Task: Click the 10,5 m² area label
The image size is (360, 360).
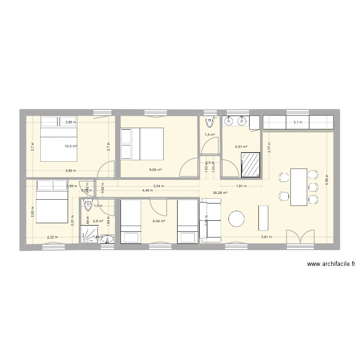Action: pyautogui.click(x=72, y=146)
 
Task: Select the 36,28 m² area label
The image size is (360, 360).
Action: pyautogui.click(x=220, y=193)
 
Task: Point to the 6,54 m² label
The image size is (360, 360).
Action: pyautogui.click(x=158, y=221)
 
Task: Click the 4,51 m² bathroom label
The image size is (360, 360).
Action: pyautogui.click(x=241, y=147)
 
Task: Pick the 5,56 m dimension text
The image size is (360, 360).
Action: pyautogui.click(x=327, y=179)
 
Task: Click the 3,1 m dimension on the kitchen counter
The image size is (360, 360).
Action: pyautogui.click(x=298, y=122)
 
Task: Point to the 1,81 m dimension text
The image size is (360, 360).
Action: pyautogui.click(x=240, y=186)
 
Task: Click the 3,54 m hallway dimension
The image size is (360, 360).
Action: pyautogui.click(x=158, y=186)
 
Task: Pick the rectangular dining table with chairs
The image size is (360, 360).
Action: pyautogui.click(x=298, y=187)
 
